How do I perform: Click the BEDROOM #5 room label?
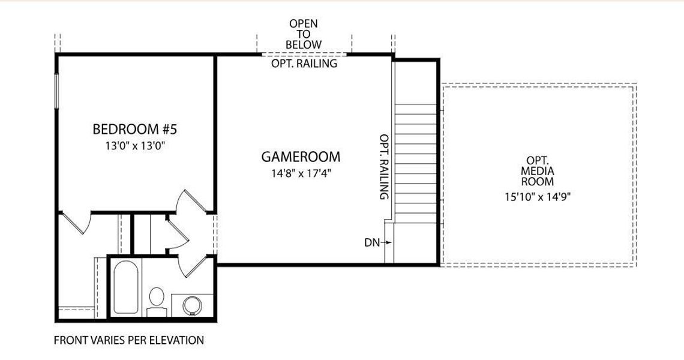135,129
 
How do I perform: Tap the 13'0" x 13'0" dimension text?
135,146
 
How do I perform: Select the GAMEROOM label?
301,157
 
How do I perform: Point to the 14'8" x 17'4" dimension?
301,173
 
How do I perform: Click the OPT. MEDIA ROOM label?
538,171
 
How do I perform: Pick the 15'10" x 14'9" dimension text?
538,197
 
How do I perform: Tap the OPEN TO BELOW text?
303,34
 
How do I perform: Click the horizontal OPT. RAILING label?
304,64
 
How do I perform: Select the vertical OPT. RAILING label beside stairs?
384,167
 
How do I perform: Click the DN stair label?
371,242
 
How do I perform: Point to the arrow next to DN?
386,242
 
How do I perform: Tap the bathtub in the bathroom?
126,287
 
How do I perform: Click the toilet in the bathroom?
156,301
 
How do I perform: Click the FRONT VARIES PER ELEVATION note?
128,340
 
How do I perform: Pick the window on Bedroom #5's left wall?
56,91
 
